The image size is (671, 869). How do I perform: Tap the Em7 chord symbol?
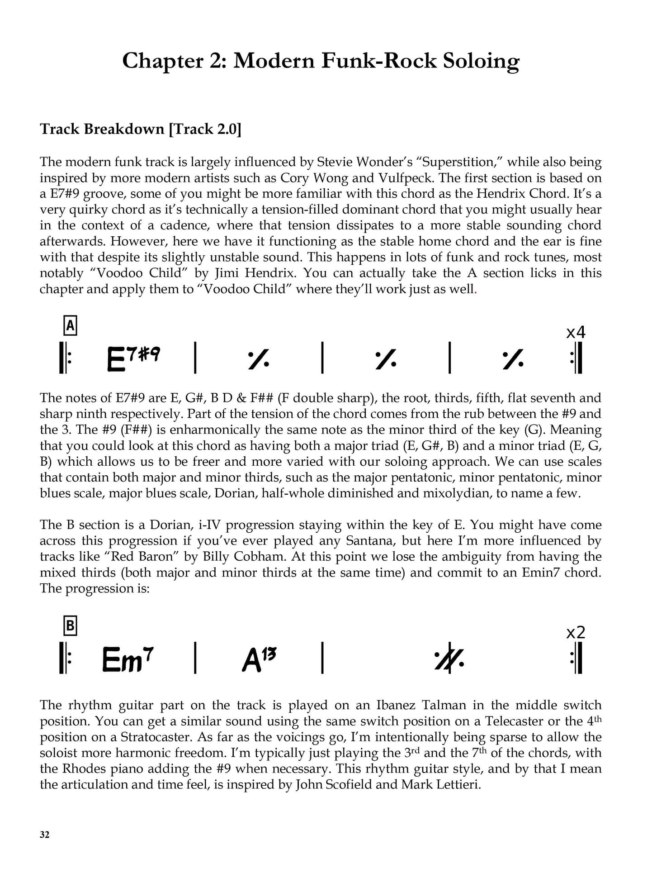128,659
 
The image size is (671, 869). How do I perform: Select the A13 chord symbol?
259,659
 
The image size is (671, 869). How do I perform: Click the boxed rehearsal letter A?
70,325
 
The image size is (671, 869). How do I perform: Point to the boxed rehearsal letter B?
70,626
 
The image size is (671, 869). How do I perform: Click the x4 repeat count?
575,333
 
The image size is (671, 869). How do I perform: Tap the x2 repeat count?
575,632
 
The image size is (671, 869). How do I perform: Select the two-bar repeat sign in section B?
449,658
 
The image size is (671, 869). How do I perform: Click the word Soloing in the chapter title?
481,61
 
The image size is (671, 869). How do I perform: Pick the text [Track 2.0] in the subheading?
205,129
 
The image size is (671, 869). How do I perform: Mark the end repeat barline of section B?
577,658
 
